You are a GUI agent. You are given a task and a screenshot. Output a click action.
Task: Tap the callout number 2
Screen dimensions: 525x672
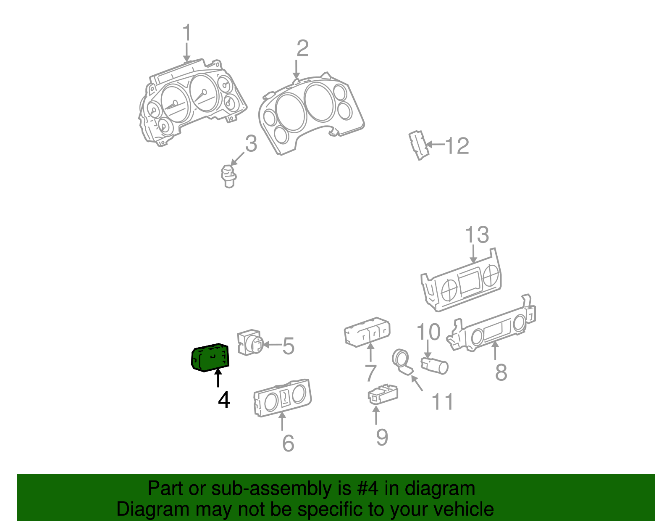click(x=302, y=48)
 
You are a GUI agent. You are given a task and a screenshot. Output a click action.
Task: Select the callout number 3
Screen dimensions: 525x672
click(x=251, y=144)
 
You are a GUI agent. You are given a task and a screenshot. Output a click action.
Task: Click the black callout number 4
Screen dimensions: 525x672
click(x=224, y=400)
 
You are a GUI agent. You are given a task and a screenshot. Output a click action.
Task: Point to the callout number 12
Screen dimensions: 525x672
click(x=457, y=146)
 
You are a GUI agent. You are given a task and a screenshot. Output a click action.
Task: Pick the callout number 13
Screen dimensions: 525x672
click(x=477, y=235)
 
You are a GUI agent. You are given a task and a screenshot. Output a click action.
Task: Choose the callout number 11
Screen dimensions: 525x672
click(x=443, y=402)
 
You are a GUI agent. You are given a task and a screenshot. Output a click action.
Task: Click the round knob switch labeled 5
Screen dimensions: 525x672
click(x=250, y=343)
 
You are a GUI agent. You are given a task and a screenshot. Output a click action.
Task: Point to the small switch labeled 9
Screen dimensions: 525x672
click(x=383, y=393)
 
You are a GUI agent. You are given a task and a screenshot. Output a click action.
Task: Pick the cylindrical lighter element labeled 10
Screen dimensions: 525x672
click(x=435, y=365)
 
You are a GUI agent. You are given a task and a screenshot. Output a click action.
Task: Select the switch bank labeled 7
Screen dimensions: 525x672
click(x=367, y=331)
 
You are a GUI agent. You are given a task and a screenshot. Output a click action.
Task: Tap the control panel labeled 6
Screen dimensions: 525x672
click(x=283, y=397)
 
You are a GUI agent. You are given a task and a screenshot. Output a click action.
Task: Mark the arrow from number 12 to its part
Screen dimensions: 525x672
click(x=435, y=145)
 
